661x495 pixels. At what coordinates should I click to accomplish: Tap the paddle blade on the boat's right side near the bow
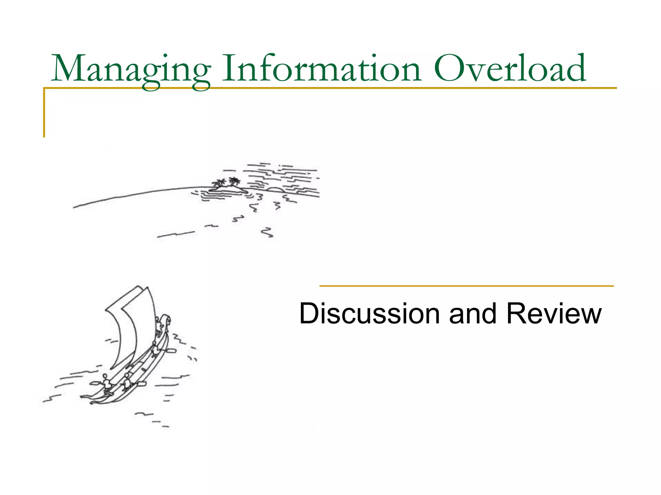(x=171, y=350)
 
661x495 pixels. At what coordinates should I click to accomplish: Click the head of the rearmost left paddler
(x=105, y=376)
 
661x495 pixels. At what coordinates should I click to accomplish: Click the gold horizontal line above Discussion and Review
(x=466, y=286)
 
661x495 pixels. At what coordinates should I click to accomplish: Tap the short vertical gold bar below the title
(x=44, y=113)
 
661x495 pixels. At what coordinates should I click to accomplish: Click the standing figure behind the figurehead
(x=158, y=324)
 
